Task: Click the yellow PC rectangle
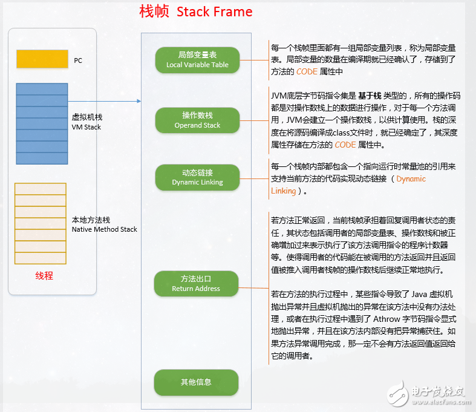pyautogui.click(x=42, y=59)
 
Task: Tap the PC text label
pyautogui.click(x=78, y=60)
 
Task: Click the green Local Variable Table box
pyautogui.click(x=197, y=60)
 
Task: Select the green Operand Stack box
pyautogui.click(x=197, y=120)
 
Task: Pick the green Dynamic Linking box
pyautogui.click(x=197, y=177)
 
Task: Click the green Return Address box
pyautogui.click(x=196, y=284)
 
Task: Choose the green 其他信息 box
pyautogui.click(x=196, y=382)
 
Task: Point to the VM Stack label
pyautogui.click(x=86, y=127)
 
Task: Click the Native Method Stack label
pyautogui.click(x=105, y=229)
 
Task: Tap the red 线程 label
pyautogui.click(x=44, y=276)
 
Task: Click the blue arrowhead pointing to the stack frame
pyautogui.click(x=139, y=101)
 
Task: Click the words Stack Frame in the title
pyautogui.click(x=214, y=12)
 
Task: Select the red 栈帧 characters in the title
pyautogui.click(x=154, y=12)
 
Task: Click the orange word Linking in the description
pyautogui.click(x=283, y=191)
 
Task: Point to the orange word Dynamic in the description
pyautogui.click(x=411, y=179)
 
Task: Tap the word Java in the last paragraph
pyautogui.click(x=419, y=294)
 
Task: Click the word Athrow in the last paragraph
pyautogui.click(x=386, y=319)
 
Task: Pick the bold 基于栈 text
pyautogui.click(x=370, y=96)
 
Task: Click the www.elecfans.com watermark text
pyautogui.click(x=442, y=402)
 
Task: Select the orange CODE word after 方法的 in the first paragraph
pyautogui.click(x=307, y=71)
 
